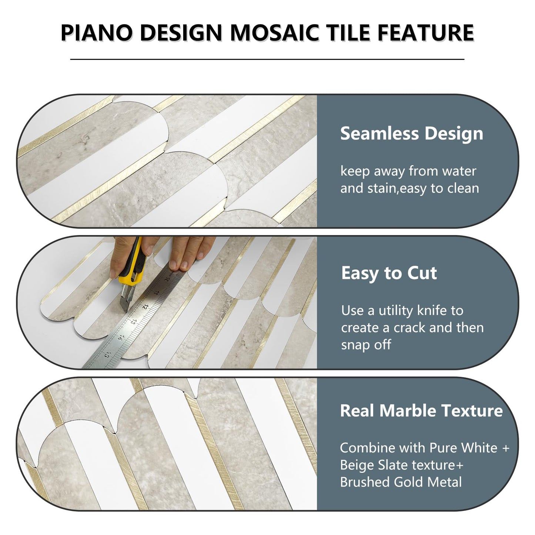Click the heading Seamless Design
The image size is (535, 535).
(x=411, y=133)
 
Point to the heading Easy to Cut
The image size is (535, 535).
(x=389, y=273)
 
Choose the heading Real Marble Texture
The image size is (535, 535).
(x=421, y=411)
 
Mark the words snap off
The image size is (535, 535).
(x=366, y=345)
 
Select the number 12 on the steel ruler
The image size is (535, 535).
(x=145, y=307)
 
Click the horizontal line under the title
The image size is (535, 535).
(x=267, y=59)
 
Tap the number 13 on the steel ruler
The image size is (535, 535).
(x=132, y=322)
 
